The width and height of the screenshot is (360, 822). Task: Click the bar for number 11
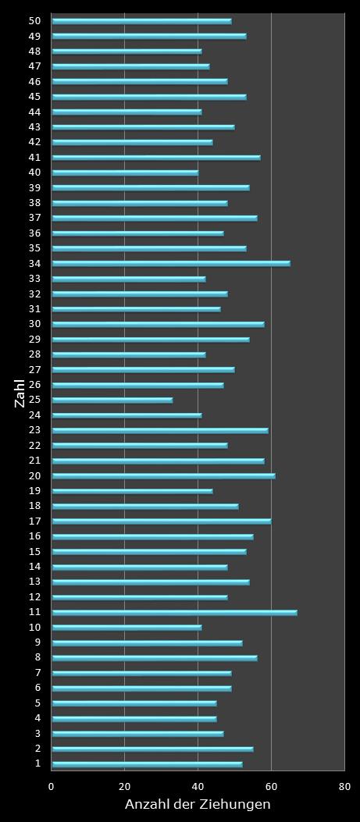point(174,612)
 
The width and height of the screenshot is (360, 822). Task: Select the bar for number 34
point(170,263)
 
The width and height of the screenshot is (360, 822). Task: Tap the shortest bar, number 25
point(112,400)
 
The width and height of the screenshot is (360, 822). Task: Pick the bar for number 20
point(163,475)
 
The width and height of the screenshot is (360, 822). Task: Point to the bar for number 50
point(141,21)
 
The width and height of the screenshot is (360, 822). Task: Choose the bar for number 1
point(147,763)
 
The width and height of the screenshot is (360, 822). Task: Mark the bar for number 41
point(156,157)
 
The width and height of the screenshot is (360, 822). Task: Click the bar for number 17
point(161,521)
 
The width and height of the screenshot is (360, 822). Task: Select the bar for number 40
point(125,173)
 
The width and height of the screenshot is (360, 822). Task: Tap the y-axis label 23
point(35,430)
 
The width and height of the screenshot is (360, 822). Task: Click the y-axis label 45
point(35,97)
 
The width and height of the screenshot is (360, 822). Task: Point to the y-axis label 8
point(37,657)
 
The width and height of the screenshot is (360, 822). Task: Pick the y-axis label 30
point(35,324)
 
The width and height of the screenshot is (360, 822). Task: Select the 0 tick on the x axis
point(52,787)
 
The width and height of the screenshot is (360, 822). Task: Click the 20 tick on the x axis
point(125,787)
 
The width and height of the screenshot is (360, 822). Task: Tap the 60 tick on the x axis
point(271,787)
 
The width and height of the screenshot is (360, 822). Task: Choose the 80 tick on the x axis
point(344,787)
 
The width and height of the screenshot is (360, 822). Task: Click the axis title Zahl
point(20,393)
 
